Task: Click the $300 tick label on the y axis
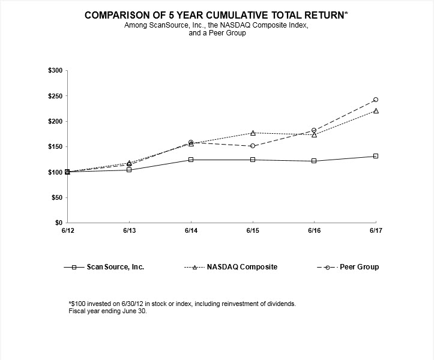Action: pyautogui.click(x=55, y=71)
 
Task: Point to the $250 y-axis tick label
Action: pyautogui.click(x=55, y=96)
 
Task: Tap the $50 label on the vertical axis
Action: pyautogui.click(x=57, y=197)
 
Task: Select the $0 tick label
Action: pyautogui.click(x=59, y=223)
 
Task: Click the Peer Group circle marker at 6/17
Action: pyautogui.click(x=376, y=100)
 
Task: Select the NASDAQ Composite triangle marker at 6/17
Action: pyautogui.click(x=376, y=111)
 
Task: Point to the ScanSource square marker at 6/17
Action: pyautogui.click(x=376, y=156)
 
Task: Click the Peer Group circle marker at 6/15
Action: pyautogui.click(x=253, y=146)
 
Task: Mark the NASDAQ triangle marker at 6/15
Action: pyautogui.click(x=253, y=133)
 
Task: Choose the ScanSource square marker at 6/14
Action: pyautogui.click(x=191, y=160)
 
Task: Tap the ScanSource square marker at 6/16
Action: pyautogui.click(x=314, y=161)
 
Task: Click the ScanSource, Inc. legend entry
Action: pyautogui.click(x=115, y=267)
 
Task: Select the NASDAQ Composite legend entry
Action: pyautogui.click(x=242, y=267)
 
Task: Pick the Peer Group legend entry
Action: pyautogui.click(x=359, y=267)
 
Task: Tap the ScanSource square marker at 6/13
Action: pyautogui.click(x=129, y=170)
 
